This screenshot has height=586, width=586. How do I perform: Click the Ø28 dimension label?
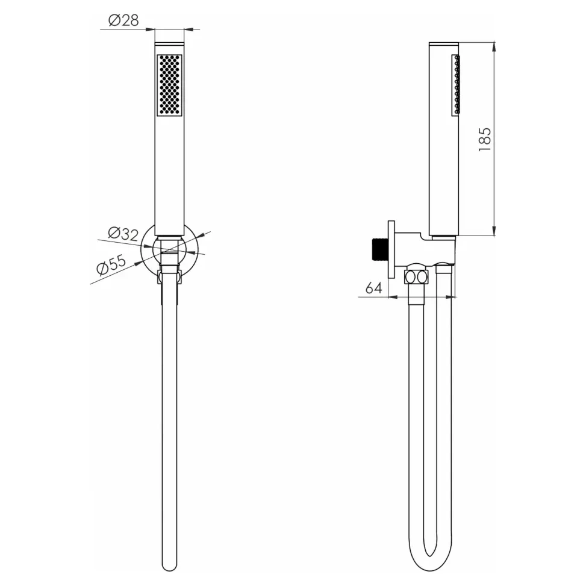[123, 20]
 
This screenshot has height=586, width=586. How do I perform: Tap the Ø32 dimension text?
[123, 234]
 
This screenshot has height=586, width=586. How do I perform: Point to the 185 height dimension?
[484, 139]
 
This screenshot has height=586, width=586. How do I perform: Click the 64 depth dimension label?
[374, 288]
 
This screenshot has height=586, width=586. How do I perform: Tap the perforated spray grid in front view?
[169, 85]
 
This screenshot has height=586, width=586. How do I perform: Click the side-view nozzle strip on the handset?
[455, 84]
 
